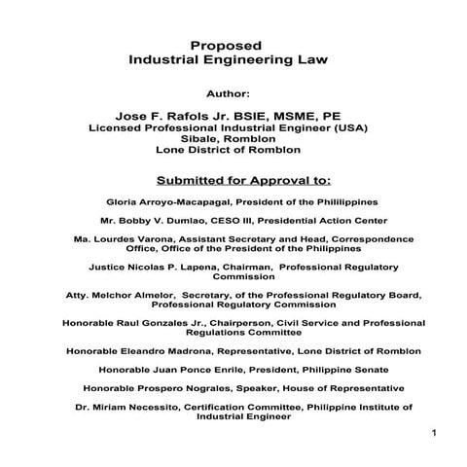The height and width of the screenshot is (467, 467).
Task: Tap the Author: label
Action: [x=231, y=95]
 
